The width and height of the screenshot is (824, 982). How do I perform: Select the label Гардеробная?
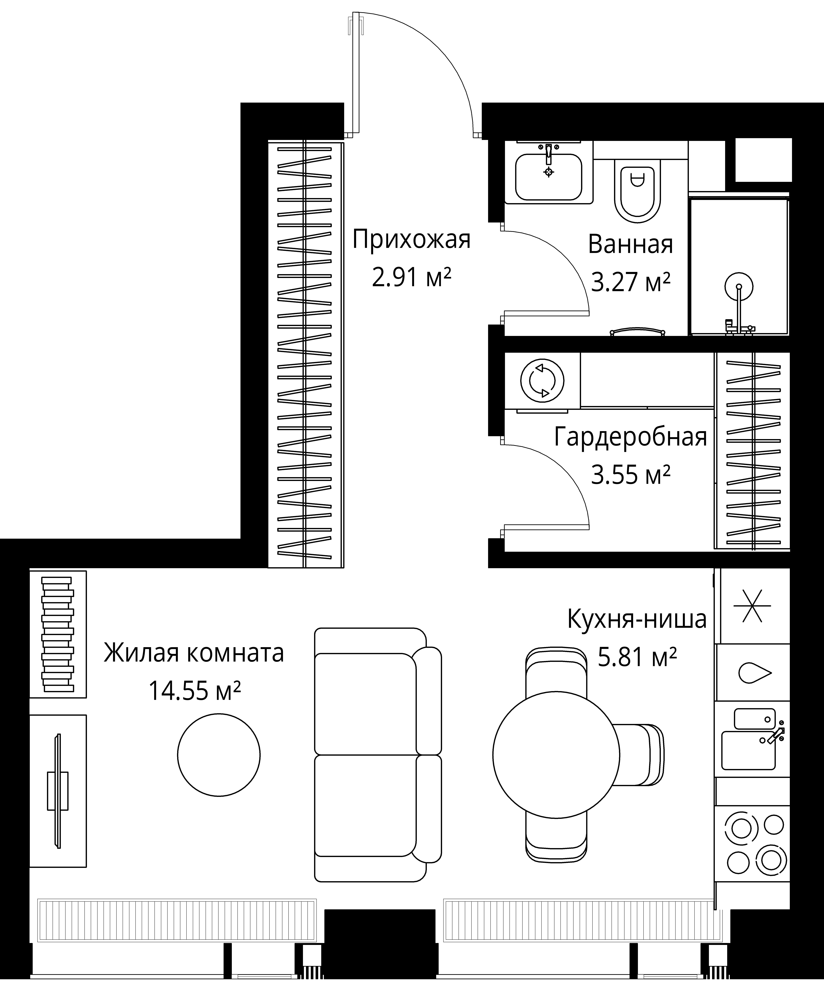tap(630, 437)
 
